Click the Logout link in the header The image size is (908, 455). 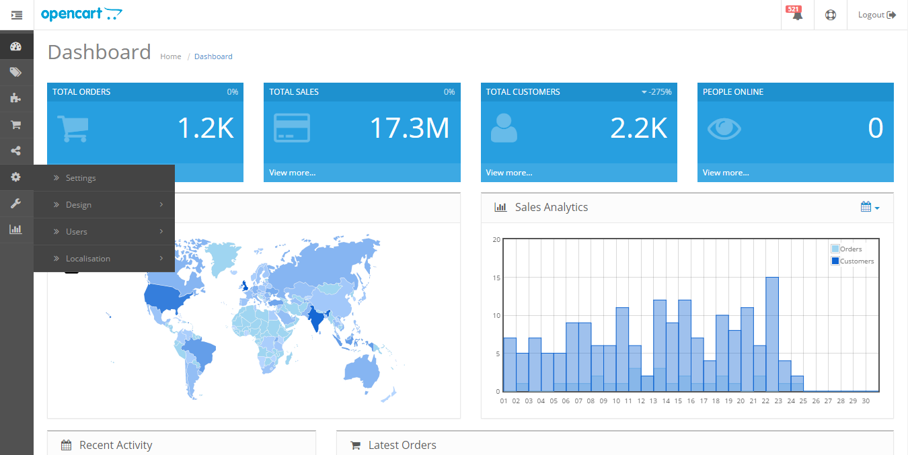pyautogui.click(x=876, y=15)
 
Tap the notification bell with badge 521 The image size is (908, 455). pyautogui.click(x=797, y=15)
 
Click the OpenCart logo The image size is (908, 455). pyautogui.click(x=81, y=14)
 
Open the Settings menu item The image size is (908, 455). pyautogui.click(x=81, y=178)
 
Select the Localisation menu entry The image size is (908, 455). pyautogui.click(x=88, y=259)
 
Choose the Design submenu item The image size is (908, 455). pyautogui.click(x=79, y=205)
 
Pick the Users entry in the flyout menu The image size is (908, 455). pyautogui.click(x=77, y=232)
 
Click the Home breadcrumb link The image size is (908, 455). pyautogui.click(x=171, y=56)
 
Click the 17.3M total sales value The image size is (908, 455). pyautogui.click(x=409, y=128)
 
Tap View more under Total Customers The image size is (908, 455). pyautogui.click(x=509, y=173)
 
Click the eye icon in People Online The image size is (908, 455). pyautogui.click(x=724, y=128)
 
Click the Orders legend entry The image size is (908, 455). pyautogui.click(x=851, y=249)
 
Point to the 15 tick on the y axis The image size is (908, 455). pyautogui.click(x=496, y=278)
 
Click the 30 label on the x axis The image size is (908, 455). pyautogui.click(x=866, y=401)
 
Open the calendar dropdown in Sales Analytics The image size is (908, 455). pyautogui.click(x=870, y=207)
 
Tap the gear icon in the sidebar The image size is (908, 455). pyautogui.click(x=16, y=177)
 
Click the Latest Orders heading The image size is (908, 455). pyautogui.click(x=402, y=445)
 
